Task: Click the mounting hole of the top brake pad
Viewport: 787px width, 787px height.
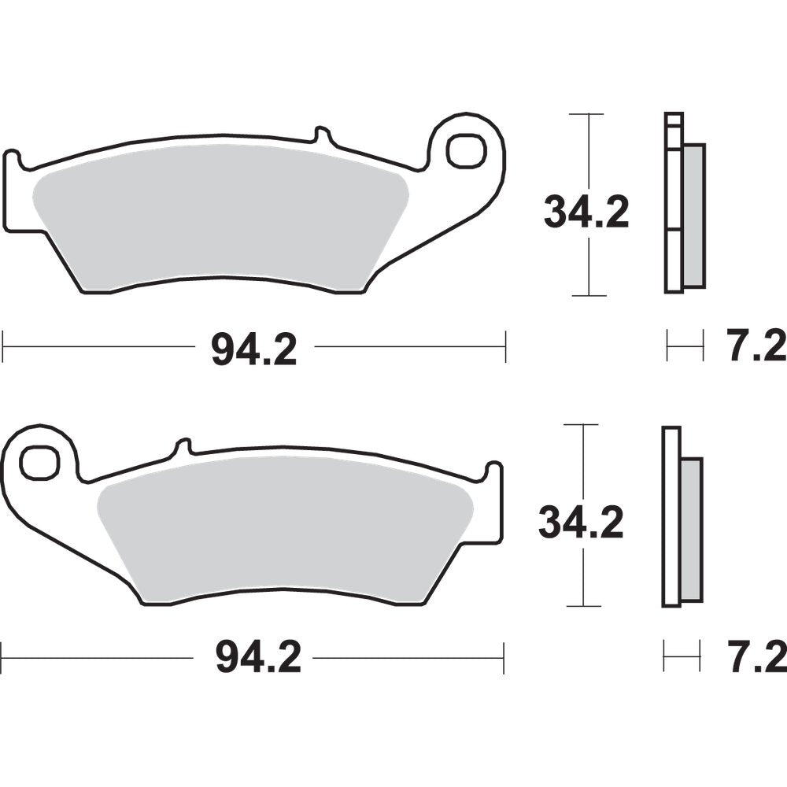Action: point(466,150)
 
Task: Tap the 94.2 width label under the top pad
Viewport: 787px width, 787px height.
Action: point(253,349)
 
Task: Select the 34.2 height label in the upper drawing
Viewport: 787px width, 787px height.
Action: point(586,212)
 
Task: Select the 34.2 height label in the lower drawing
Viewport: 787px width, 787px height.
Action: point(581,523)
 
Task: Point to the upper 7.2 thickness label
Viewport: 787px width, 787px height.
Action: point(753,347)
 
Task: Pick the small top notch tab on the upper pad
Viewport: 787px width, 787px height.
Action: point(322,135)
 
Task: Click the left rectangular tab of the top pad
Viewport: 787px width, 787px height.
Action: point(16,193)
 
